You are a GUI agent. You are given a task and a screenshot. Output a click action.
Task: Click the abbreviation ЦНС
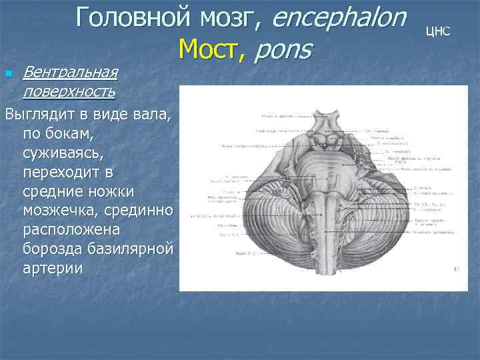pyautogui.click(x=438, y=31)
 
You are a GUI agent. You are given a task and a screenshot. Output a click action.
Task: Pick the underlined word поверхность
pyautogui.click(x=69, y=89)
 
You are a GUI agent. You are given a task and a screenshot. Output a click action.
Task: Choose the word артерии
pyautogui.click(x=53, y=269)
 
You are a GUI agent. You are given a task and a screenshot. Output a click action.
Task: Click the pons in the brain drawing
pyautogui.click(x=324, y=166)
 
